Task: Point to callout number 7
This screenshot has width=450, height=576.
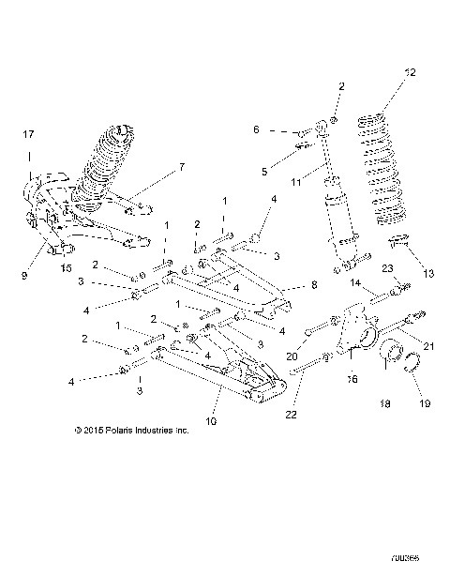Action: [x=183, y=167]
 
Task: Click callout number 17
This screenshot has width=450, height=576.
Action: [x=27, y=135]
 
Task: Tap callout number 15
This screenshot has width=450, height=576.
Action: [x=65, y=268]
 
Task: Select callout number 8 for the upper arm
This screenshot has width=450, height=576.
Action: [x=314, y=284]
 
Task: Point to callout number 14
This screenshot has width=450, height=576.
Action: [x=356, y=280]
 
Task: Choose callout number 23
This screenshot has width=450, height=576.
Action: [x=386, y=268]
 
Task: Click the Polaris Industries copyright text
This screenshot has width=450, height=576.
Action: [x=131, y=432]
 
